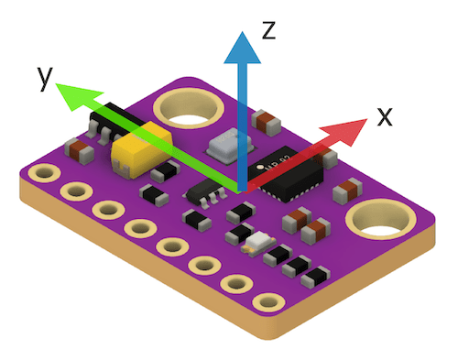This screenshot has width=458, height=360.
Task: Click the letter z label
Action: click(x=269, y=30)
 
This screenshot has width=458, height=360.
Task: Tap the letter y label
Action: click(x=45, y=79)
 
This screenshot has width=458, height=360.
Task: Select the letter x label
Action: click(x=385, y=117)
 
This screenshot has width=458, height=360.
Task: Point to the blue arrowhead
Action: click(x=243, y=48)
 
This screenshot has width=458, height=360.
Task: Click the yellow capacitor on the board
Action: click(x=141, y=149)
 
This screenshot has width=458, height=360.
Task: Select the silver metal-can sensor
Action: click(x=230, y=145)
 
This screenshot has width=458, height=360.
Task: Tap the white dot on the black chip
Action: click(x=260, y=167)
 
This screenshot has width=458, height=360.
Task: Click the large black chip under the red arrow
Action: click(x=286, y=174)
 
